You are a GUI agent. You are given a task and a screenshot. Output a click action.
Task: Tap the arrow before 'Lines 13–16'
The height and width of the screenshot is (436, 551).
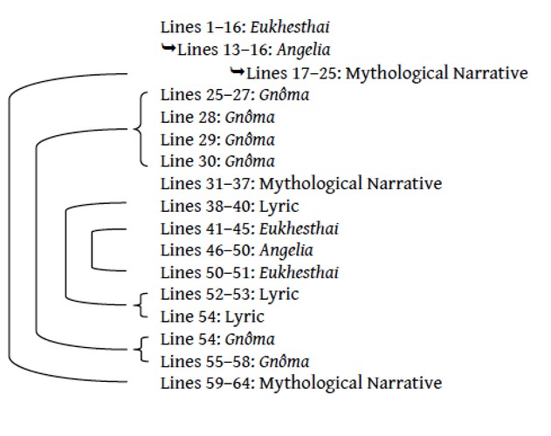169,49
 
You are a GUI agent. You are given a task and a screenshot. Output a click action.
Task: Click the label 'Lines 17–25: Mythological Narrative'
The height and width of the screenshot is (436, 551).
388,73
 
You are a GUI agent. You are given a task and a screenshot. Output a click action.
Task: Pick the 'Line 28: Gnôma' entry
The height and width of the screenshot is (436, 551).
218,117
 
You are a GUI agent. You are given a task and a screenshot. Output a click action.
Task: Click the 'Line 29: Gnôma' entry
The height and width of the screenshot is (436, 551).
218,140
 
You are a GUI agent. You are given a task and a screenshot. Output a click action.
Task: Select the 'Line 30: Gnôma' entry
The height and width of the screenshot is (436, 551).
218,161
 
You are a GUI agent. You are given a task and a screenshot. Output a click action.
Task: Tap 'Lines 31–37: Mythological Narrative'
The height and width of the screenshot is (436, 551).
301,183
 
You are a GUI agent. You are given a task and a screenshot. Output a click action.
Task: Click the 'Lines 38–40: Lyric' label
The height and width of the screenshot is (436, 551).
230,206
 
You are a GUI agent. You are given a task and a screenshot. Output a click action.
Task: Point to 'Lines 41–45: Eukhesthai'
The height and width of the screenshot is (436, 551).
250,228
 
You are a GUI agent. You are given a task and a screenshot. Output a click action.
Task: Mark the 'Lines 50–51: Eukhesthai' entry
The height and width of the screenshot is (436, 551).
250,272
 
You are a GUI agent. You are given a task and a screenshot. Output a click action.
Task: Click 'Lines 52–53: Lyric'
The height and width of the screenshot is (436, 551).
230,294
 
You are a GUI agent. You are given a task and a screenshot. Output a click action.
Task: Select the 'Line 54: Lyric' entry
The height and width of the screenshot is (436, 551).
213,317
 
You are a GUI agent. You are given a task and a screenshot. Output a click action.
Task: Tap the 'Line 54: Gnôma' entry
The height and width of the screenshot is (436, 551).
218,338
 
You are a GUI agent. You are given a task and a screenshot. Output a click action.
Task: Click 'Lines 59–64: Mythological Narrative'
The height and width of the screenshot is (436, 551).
301,383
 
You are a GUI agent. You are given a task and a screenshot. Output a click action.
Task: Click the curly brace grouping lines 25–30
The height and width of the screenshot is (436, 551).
140,127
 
